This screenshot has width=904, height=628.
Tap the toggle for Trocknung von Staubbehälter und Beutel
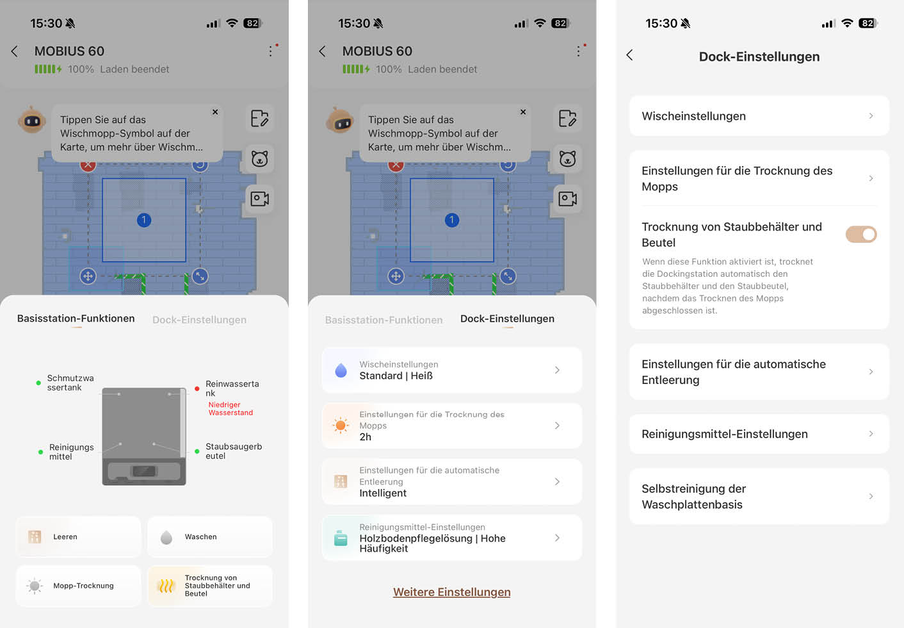point(860,235)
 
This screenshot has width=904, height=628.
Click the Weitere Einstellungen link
point(451,592)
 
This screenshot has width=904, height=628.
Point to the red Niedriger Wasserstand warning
point(230,409)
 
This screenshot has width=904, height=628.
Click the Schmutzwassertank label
point(70,383)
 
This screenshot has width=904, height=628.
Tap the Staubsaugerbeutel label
point(233,451)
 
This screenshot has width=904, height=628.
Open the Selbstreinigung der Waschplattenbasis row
point(759,497)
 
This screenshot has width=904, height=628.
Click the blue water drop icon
point(341,370)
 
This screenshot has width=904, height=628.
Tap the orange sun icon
point(341,426)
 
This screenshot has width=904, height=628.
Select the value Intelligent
point(383,493)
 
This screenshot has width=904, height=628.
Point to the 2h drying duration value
point(366,437)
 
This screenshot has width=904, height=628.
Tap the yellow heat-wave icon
point(166,586)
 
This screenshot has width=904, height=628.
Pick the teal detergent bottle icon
point(341,538)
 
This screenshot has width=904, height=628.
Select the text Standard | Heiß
point(396,376)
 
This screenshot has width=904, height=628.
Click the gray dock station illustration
point(144,436)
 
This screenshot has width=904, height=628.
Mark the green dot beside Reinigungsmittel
point(40,452)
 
